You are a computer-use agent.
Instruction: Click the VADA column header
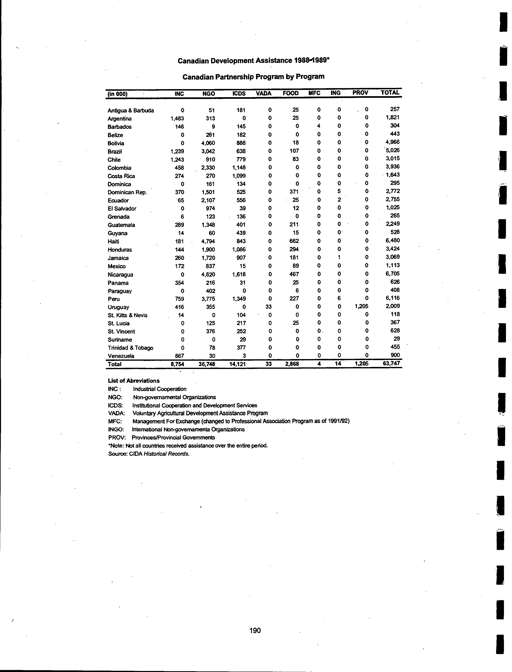(x=264, y=93)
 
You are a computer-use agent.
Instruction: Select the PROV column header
(x=360, y=93)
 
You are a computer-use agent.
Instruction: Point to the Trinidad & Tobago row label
(x=131, y=348)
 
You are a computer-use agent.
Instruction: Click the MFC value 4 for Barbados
(x=318, y=126)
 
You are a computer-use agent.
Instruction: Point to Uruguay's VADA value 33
(x=268, y=307)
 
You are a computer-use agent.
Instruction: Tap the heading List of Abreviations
(x=134, y=381)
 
